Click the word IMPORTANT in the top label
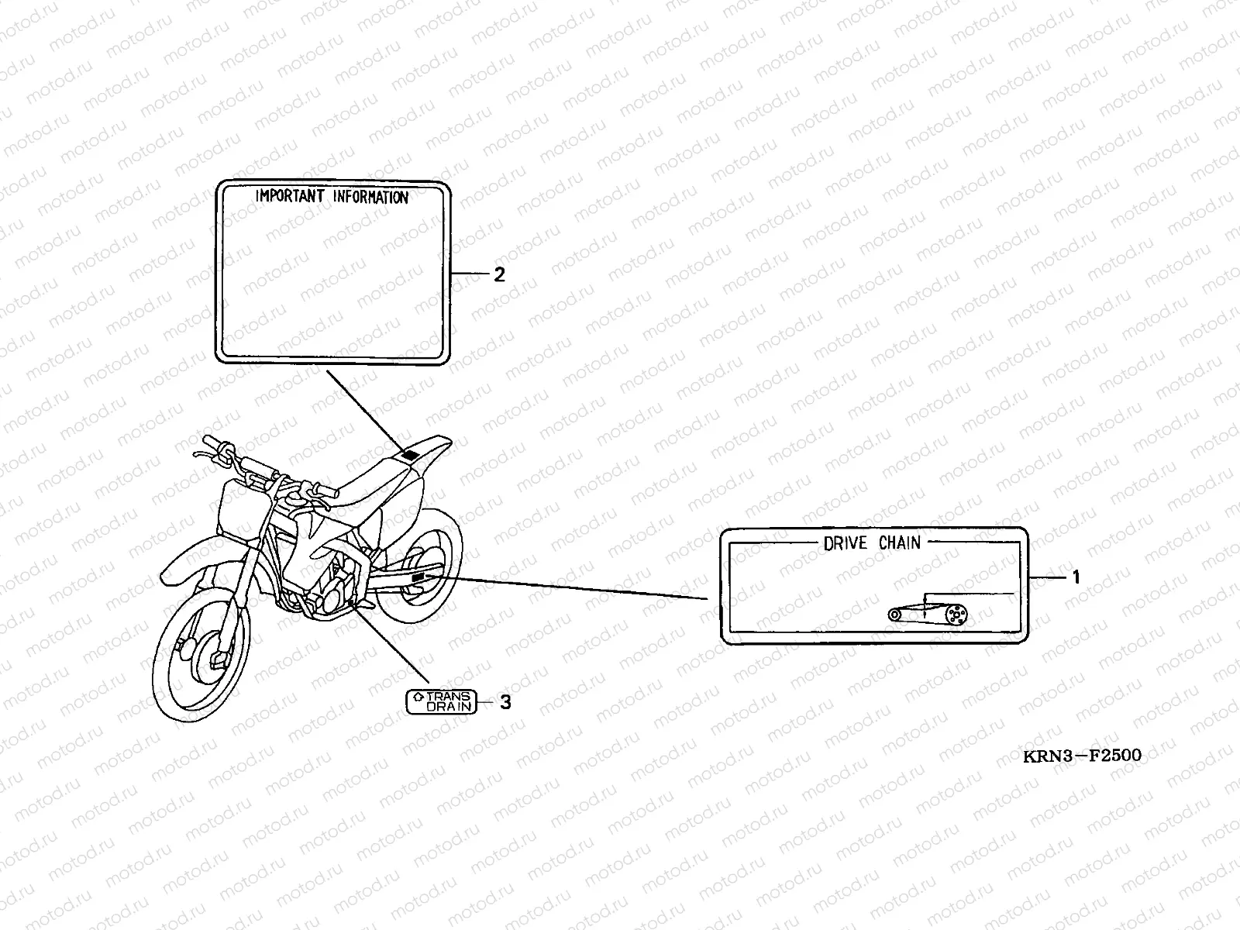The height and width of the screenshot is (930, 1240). click(x=290, y=196)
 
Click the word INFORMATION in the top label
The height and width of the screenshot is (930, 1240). click(x=370, y=197)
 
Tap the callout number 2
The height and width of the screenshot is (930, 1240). click(x=499, y=274)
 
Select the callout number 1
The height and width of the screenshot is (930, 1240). click(x=1075, y=577)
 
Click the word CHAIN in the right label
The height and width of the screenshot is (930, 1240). click(x=899, y=542)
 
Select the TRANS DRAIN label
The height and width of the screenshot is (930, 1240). click(x=439, y=701)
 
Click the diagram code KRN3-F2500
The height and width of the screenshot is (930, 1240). click(x=1082, y=755)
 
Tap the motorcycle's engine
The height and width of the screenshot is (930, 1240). click(x=329, y=589)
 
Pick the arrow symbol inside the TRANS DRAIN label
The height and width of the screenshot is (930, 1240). click(x=418, y=696)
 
